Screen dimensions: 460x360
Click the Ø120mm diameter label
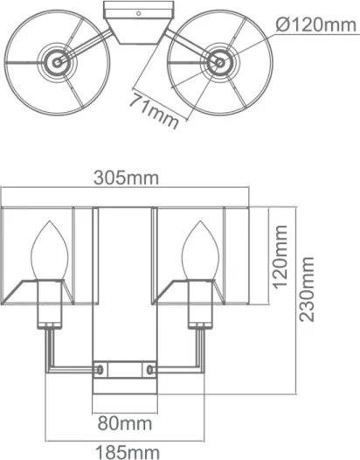313,25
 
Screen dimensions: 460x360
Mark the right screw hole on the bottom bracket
154,371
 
